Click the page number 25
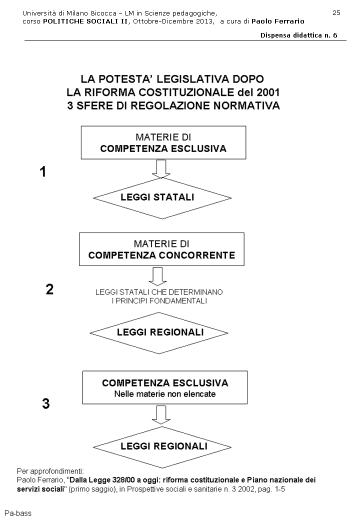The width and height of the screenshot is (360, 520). coord(336,12)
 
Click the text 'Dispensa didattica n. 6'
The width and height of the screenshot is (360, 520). coord(298,35)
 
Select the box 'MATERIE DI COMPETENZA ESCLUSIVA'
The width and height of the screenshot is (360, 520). coord(163,142)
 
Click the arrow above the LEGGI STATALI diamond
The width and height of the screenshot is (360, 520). coord(161,169)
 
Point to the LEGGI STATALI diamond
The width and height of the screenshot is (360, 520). coord(157,197)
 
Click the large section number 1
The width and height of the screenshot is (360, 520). coord(43,172)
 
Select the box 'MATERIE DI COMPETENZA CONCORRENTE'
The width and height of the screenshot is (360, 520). coord(161,249)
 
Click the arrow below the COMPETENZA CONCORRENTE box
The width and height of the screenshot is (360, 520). coord(159,275)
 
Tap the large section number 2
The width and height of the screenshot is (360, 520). coord(49,290)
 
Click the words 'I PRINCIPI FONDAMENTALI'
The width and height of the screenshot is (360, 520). coord(159,301)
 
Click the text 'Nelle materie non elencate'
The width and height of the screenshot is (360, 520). coord(165,393)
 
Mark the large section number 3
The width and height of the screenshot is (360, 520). coord(45,404)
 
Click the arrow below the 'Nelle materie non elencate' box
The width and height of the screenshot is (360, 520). coord(161,414)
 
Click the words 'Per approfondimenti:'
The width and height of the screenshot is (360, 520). coord(50,471)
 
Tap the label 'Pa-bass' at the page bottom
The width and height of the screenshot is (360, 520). coord(17,513)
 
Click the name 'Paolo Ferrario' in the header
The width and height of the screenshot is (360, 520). coord(278,21)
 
